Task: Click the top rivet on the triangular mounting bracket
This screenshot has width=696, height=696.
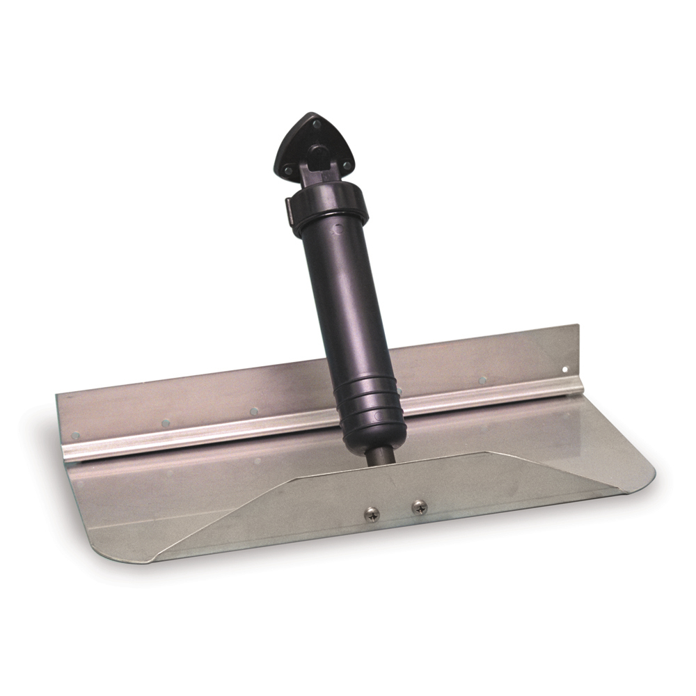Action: (x=316, y=125)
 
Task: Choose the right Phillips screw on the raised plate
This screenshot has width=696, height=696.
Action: (x=418, y=507)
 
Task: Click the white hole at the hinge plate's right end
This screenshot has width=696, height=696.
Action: (x=566, y=370)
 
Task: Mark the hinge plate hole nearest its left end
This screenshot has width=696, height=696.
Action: (x=76, y=436)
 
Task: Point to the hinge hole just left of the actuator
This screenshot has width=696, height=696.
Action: (x=254, y=411)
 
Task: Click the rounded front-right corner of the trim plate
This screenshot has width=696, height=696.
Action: (x=644, y=480)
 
